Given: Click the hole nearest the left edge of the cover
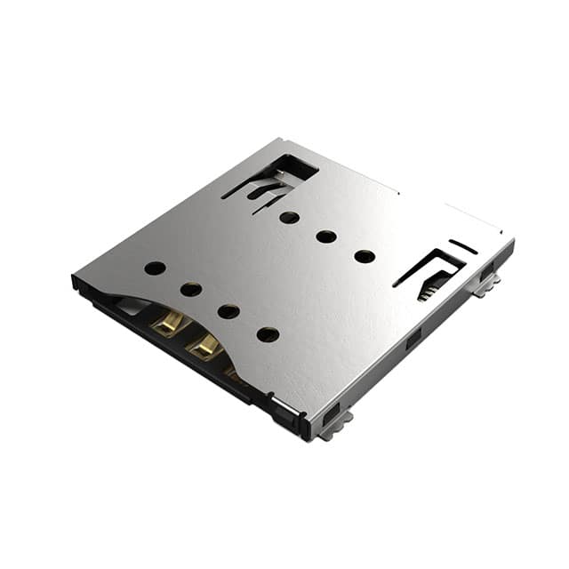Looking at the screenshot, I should [155, 268].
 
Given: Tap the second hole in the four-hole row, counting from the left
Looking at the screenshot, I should [191, 289].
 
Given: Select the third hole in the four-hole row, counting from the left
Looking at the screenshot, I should [228, 311].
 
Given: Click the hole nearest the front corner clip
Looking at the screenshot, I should [268, 334].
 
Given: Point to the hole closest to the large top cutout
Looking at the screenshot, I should [289, 217].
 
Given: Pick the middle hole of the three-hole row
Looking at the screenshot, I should [326, 236].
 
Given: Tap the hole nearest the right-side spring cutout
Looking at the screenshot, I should [365, 257].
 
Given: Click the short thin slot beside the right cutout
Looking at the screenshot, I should [462, 246].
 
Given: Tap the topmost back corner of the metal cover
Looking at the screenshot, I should [279, 140].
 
